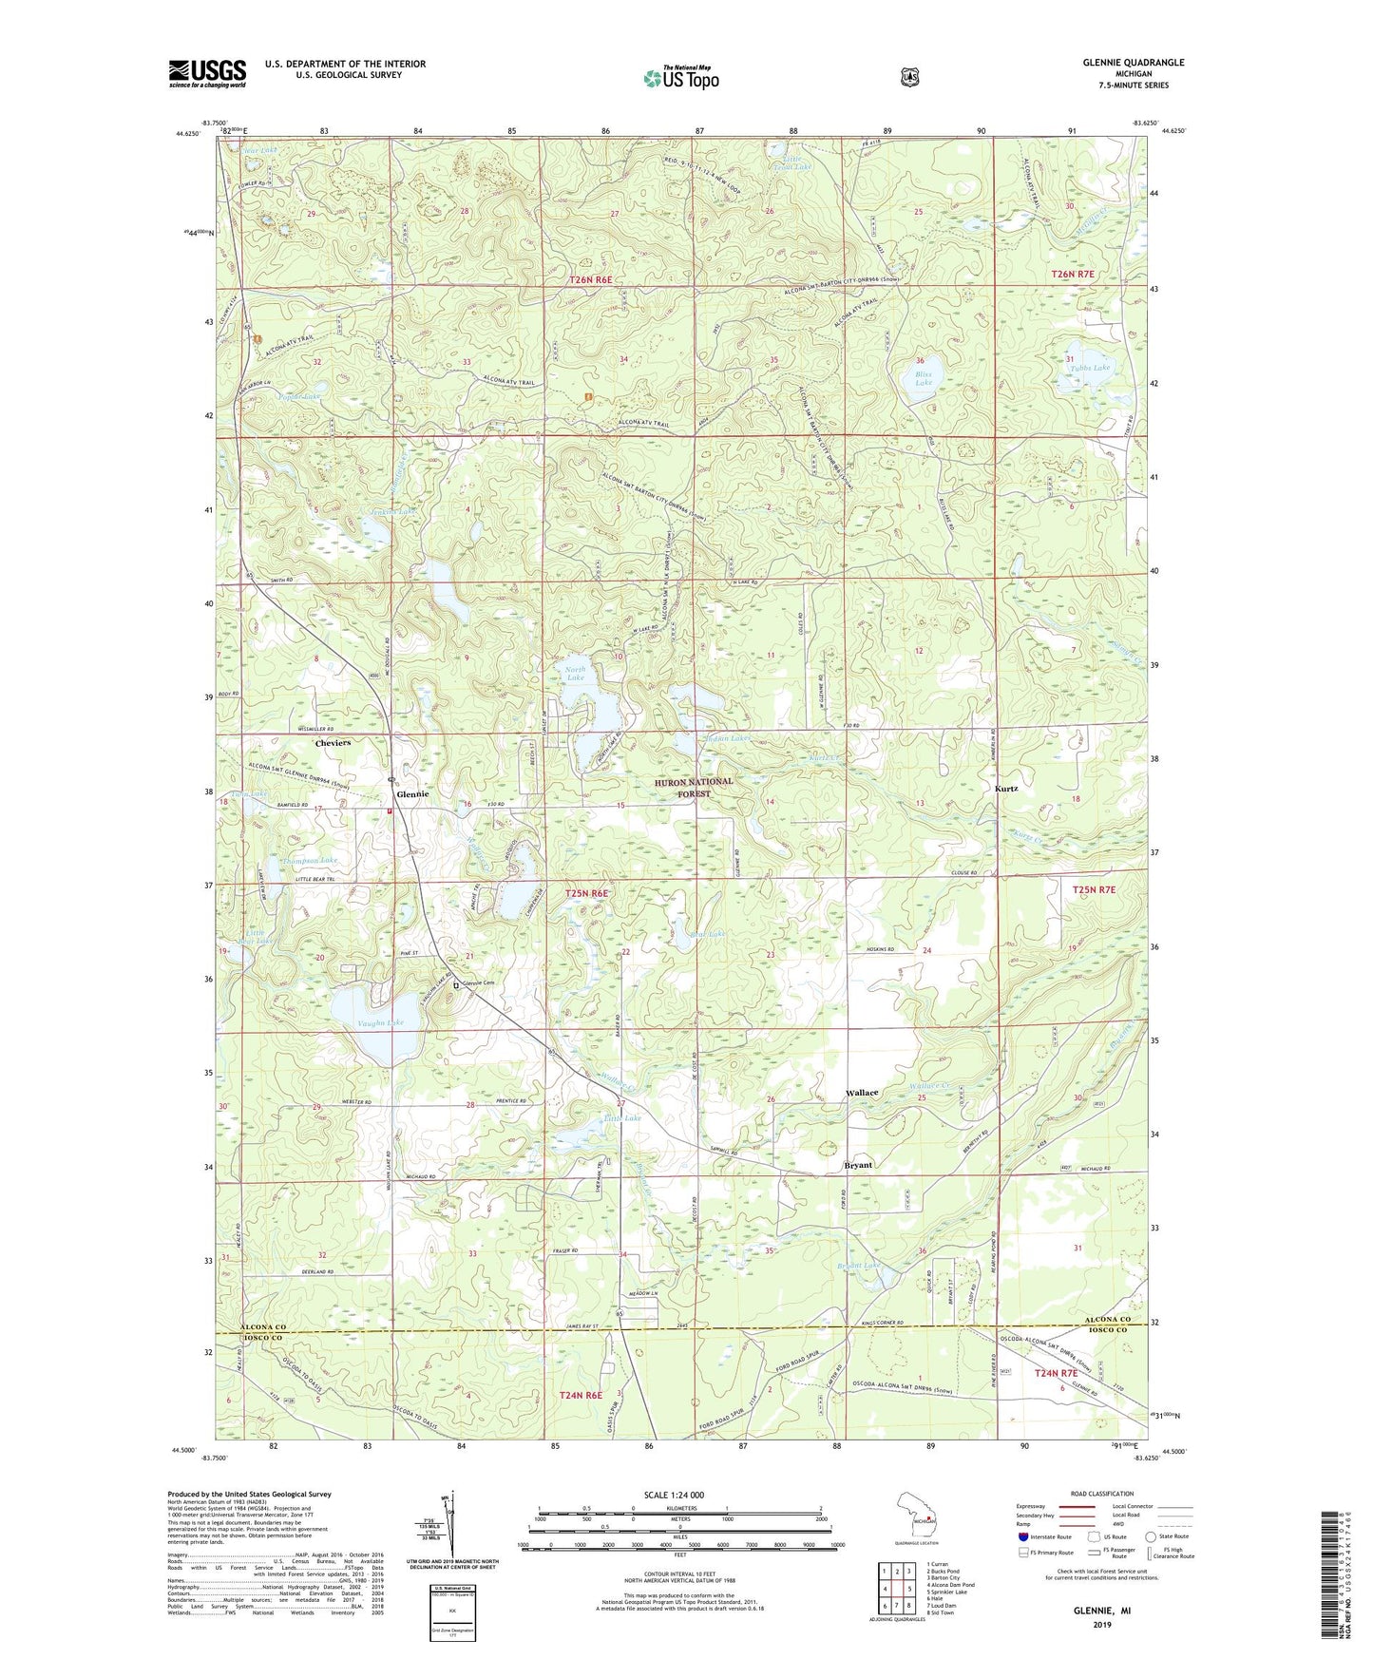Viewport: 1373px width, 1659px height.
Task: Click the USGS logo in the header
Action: tap(207, 73)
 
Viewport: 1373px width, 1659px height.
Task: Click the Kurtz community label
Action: tap(1008, 789)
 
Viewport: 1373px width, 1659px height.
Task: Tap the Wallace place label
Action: tap(862, 1093)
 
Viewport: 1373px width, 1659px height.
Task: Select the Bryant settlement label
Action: tap(858, 1165)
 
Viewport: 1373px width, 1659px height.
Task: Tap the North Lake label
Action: tap(576, 674)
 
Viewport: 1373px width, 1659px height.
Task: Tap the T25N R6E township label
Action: tap(586, 894)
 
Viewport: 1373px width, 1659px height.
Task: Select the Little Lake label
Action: tap(622, 1119)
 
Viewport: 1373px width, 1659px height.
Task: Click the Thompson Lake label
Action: tap(309, 860)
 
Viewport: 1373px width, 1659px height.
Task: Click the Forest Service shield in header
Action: tap(909, 77)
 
